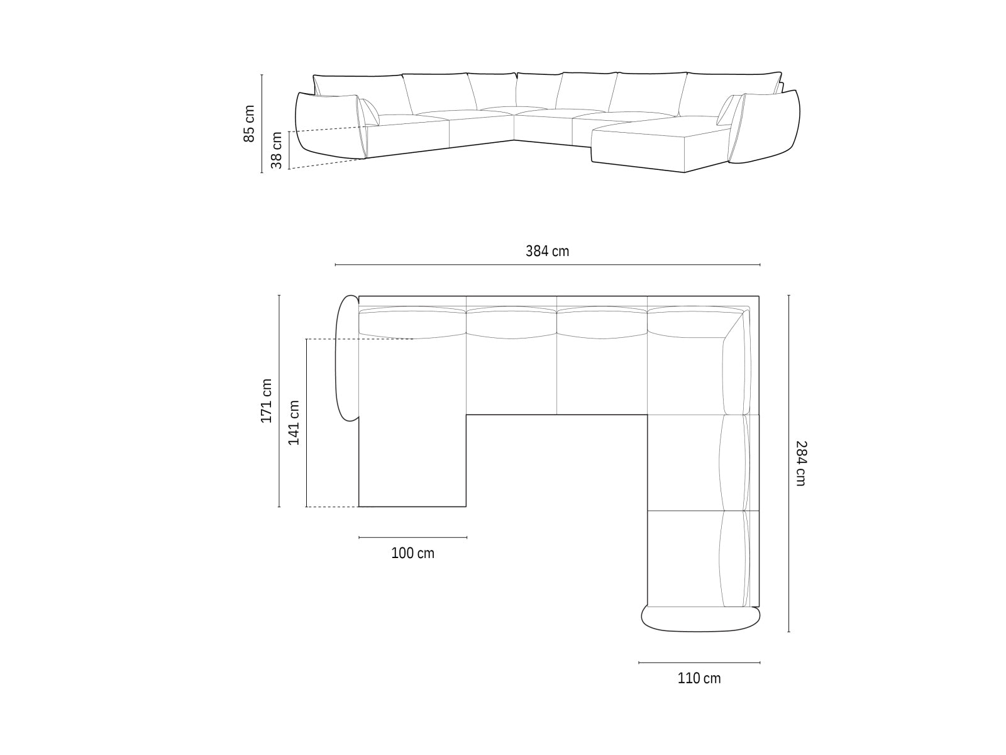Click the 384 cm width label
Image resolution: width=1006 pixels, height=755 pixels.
(547, 251)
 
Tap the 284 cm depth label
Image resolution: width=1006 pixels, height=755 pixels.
(800, 463)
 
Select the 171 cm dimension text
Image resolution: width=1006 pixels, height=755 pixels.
(267, 400)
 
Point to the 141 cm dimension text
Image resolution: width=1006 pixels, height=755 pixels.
(294, 422)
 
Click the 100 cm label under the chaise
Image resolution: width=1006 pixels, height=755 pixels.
(412, 553)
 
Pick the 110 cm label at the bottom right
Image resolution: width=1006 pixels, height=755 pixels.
(699, 678)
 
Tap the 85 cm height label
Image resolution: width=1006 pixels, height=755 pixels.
(250, 123)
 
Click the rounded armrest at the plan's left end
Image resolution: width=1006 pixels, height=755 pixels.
(347, 357)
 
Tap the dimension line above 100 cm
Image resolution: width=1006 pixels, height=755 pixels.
(412, 537)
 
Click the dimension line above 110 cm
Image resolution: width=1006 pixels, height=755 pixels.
(699, 663)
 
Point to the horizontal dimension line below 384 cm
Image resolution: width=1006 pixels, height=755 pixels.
(547, 265)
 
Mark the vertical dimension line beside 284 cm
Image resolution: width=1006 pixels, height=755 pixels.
(788, 463)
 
